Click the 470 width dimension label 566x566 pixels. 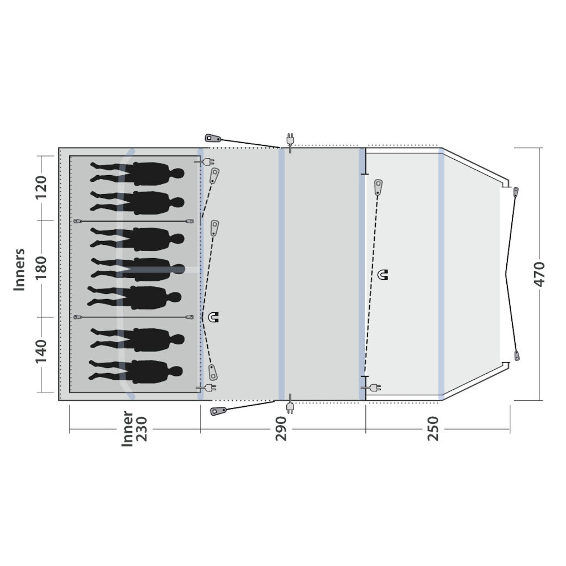coord(539,274)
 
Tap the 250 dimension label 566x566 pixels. coord(433,428)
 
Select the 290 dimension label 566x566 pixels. coord(281,428)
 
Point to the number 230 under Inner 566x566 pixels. coord(142,429)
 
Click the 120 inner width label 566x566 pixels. coord(41,187)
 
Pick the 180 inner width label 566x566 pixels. coord(41,268)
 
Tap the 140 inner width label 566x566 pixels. coord(41,351)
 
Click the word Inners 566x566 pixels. coord(19,269)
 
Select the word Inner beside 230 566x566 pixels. coord(128,429)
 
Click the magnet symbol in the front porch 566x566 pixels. coord(382,275)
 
